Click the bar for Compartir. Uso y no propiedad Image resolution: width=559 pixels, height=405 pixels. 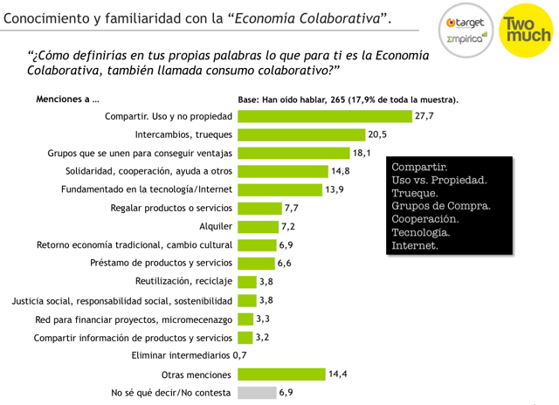pyautogui.click(x=324, y=116)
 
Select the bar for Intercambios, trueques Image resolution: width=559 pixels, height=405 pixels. pyautogui.click(x=301, y=134)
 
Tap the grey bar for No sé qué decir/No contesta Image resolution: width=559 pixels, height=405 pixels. pyautogui.click(x=256, y=393)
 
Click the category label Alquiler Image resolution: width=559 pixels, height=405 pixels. pyautogui.click(x=217, y=226)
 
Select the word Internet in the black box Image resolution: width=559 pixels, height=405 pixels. pyautogui.click(x=416, y=246)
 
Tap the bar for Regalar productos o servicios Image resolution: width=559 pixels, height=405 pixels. pyautogui.click(x=259, y=208)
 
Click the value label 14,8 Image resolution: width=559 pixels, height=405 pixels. pyautogui.click(x=341, y=171)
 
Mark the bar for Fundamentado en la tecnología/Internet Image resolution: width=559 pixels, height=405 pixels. pyautogui.click(x=279, y=189)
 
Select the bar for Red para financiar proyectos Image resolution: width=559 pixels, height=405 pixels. pyautogui.click(x=245, y=319)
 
